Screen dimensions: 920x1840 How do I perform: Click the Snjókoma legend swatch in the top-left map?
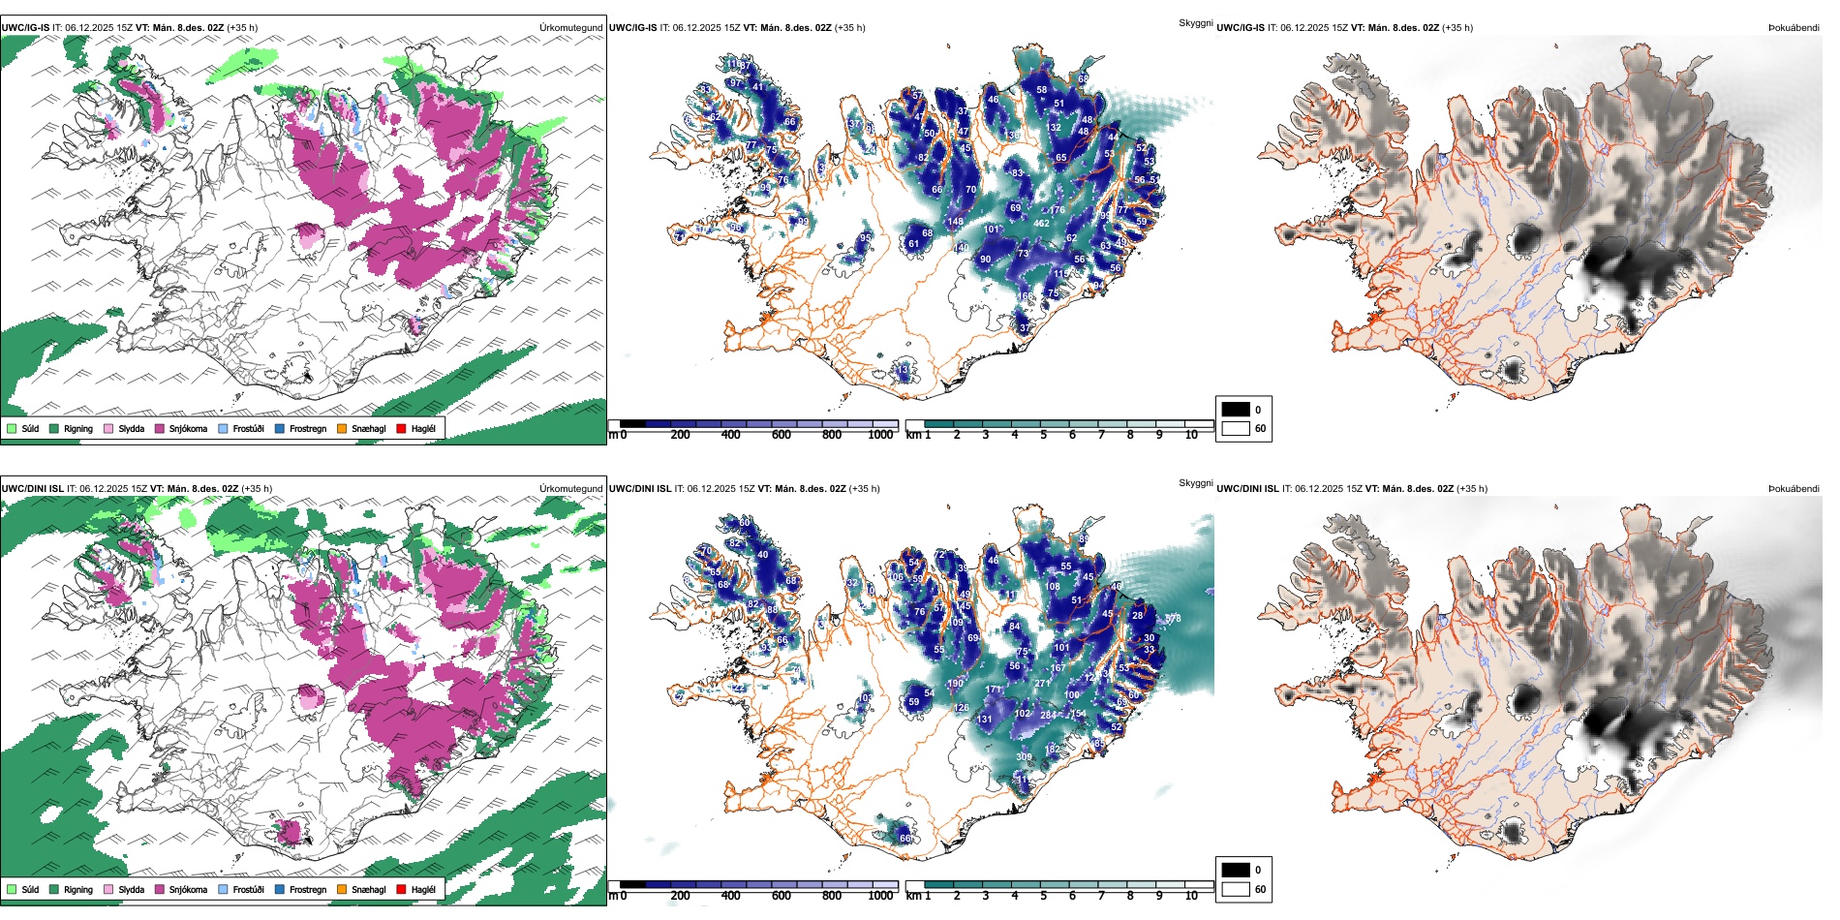(159, 428)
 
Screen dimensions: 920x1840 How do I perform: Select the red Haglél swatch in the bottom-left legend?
(401, 889)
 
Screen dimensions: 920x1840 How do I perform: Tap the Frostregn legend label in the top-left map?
(307, 428)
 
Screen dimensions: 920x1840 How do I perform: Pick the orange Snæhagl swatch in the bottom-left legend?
(342, 889)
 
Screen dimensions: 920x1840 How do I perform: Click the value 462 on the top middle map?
(1041, 224)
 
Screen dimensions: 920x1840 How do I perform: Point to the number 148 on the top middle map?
(956, 222)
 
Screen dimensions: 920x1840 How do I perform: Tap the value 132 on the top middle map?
(1054, 128)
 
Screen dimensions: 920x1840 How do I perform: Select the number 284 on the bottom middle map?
(1048, 716)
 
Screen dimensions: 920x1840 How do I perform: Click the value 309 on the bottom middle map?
(1024, 757)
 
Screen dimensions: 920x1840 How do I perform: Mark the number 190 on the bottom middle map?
(956, 684)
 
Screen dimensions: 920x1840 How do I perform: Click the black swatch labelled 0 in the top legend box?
(1236, 410)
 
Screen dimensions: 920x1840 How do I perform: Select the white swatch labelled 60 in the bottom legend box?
(1236, 889)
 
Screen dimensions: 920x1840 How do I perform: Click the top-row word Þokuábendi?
(1794, 28)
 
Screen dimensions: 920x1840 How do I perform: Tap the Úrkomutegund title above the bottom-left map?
(570, 489)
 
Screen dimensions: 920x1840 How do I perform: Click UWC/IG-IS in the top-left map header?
(25, 28)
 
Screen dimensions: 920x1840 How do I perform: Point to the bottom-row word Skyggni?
(1195, 483)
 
